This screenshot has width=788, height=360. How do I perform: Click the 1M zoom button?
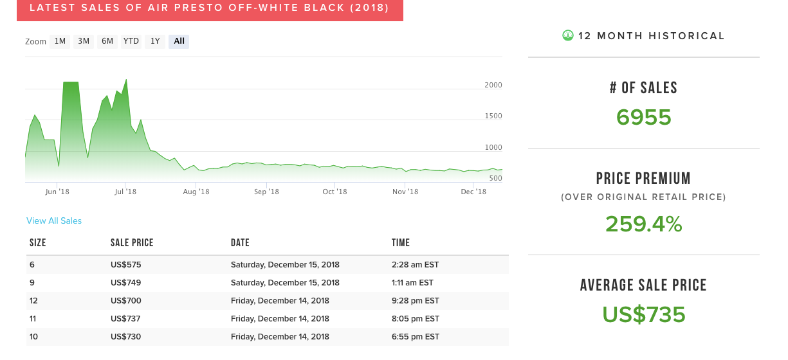[60, 41]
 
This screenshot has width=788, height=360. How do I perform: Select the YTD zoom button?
[131, 41]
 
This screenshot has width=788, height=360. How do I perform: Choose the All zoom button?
[179, 41]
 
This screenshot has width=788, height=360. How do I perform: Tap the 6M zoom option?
[107, 41]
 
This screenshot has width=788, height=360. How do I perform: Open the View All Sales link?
[54, 221]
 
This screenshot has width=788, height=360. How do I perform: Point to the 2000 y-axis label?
[493, 85]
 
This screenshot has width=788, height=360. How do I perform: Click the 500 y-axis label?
[495, 178]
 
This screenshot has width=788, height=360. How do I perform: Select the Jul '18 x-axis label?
[125, 192]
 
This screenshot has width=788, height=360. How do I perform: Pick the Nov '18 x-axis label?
[405, 192]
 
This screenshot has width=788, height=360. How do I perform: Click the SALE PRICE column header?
[132, 243]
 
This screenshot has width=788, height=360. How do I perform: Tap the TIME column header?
[401, 243]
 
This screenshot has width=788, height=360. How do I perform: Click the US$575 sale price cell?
[125, 265]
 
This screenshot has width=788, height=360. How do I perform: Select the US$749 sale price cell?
[125, 283]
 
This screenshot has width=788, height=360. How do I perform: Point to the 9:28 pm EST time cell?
[416, 301]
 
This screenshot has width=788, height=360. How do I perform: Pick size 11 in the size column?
[33, 319]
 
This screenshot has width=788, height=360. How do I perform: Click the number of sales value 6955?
[643, 118]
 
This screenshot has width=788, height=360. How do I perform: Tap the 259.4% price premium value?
[643, 224]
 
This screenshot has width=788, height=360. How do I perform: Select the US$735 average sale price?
[643, 314]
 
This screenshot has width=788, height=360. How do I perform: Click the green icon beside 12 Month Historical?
[567, 35]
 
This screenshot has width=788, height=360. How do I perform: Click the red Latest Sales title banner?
[210, 9]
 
